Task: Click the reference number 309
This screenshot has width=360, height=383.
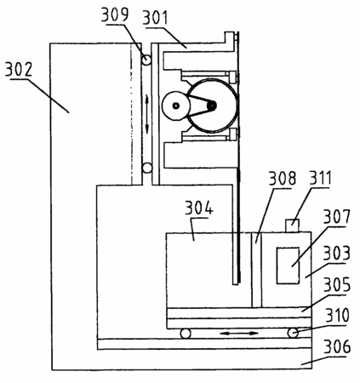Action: pos(115,14)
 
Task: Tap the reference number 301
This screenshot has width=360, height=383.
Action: pos(155,17)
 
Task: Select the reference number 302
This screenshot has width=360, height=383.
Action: pos(19,69)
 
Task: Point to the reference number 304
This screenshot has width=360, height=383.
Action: pos(199,208)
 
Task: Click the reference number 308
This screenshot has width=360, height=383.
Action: pos(283,179)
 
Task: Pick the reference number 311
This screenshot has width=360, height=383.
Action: pos(320,178)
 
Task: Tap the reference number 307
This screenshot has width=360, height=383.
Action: pos(337,217)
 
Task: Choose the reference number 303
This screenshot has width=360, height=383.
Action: pos(337,254)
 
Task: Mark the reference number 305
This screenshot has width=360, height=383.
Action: pos(337,285)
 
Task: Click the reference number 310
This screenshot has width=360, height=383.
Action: pos(337,316)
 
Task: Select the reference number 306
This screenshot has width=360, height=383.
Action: pos(337,346)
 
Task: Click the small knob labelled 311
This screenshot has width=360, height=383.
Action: pos(292,226)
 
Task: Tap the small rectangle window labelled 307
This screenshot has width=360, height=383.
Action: pos(288,266)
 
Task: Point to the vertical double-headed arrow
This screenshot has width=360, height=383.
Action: pos(147,114)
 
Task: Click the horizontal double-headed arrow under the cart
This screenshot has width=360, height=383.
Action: pos(238,334)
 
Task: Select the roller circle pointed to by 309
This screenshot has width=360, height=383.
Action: pos(146,60)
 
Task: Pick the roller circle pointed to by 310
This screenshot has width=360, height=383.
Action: pos(293,333)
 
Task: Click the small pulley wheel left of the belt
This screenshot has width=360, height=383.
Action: pos(176,106)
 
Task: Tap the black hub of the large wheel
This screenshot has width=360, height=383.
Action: pos(212,106)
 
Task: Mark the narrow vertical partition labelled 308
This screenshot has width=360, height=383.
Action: pos(257,270)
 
